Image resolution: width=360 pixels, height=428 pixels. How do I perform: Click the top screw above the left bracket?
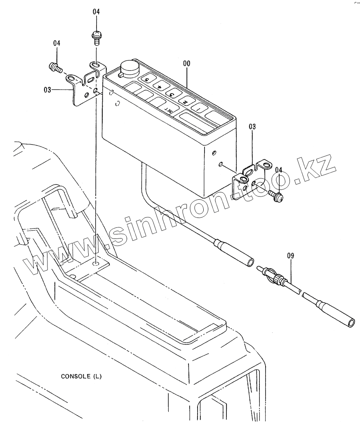click(96, 37)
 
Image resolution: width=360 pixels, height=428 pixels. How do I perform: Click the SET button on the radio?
click(169, 110)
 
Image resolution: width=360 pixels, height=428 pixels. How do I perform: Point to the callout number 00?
click(186, 63)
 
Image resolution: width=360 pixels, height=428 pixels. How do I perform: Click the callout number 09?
click(290, 256)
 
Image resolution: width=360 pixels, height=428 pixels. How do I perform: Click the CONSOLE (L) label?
click(81, 376)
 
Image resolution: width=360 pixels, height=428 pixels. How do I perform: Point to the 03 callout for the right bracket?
click(252, 127)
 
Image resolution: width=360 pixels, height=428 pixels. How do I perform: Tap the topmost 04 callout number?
click(96, 12)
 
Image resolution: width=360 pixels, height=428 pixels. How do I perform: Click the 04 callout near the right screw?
click(279, 170)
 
